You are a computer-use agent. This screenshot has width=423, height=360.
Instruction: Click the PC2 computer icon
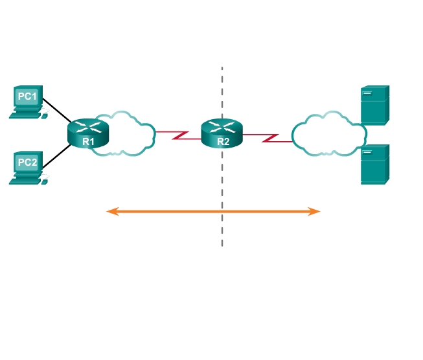[x=28, y=167]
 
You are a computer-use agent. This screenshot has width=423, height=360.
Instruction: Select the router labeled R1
[x=88, y=132]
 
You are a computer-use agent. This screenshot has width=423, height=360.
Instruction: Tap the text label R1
[x=88, y=141]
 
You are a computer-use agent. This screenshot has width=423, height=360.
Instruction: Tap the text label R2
[x=222, y=140]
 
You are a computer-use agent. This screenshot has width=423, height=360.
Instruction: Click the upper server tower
[x=375, y=104]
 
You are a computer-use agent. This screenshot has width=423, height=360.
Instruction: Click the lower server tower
[x=375, y=164]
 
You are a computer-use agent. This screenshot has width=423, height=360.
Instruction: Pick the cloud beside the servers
[x=327, y=134]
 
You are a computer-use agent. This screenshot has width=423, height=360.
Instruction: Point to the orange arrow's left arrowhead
[x=111, y=211]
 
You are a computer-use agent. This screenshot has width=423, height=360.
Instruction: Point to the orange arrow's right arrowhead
[x=316, y=211]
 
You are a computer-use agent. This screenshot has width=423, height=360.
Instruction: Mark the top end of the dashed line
[x=222, y=67]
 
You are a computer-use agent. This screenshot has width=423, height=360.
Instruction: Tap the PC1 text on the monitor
[x=28, y=96]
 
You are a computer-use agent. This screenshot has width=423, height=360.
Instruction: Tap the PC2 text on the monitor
[x=28, y=161]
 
